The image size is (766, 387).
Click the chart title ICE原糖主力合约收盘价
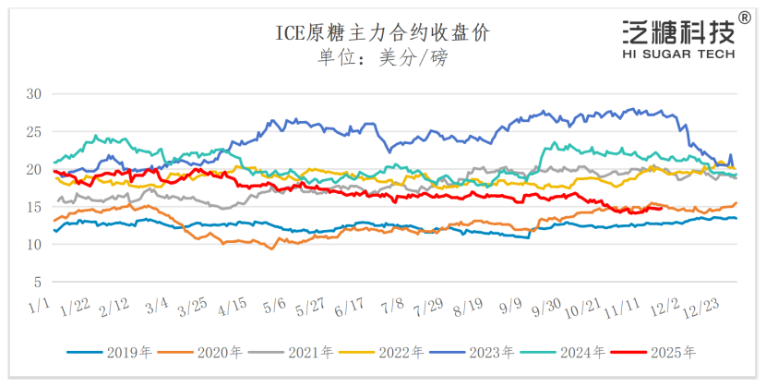383,33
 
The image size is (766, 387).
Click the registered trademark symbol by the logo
745,18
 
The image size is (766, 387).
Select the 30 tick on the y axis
35,94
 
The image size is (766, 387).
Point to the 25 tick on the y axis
35,132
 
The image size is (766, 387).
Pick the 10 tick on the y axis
35,245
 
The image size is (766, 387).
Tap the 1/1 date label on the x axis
39,305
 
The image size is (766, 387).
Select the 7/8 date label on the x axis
393,305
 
